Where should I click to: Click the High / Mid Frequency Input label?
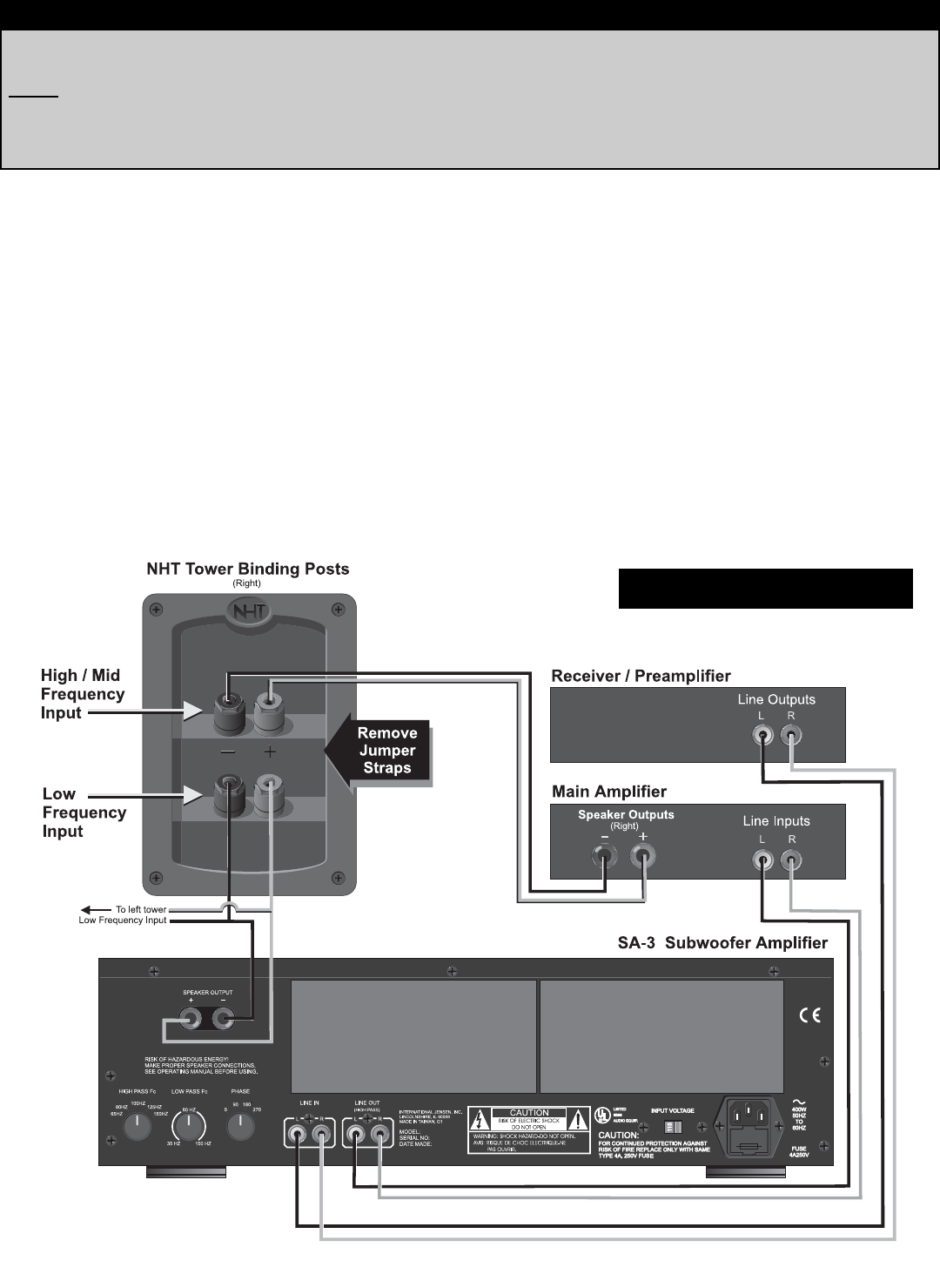tap(83, 694)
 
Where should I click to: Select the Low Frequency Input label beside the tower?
tap(84, 812)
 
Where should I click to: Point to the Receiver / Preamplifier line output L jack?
tap(762, 736)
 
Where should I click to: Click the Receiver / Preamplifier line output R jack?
tap(790, 736)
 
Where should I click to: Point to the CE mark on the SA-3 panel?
tap(809, 1015)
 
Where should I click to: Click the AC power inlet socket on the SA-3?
tap(749, 1117)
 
